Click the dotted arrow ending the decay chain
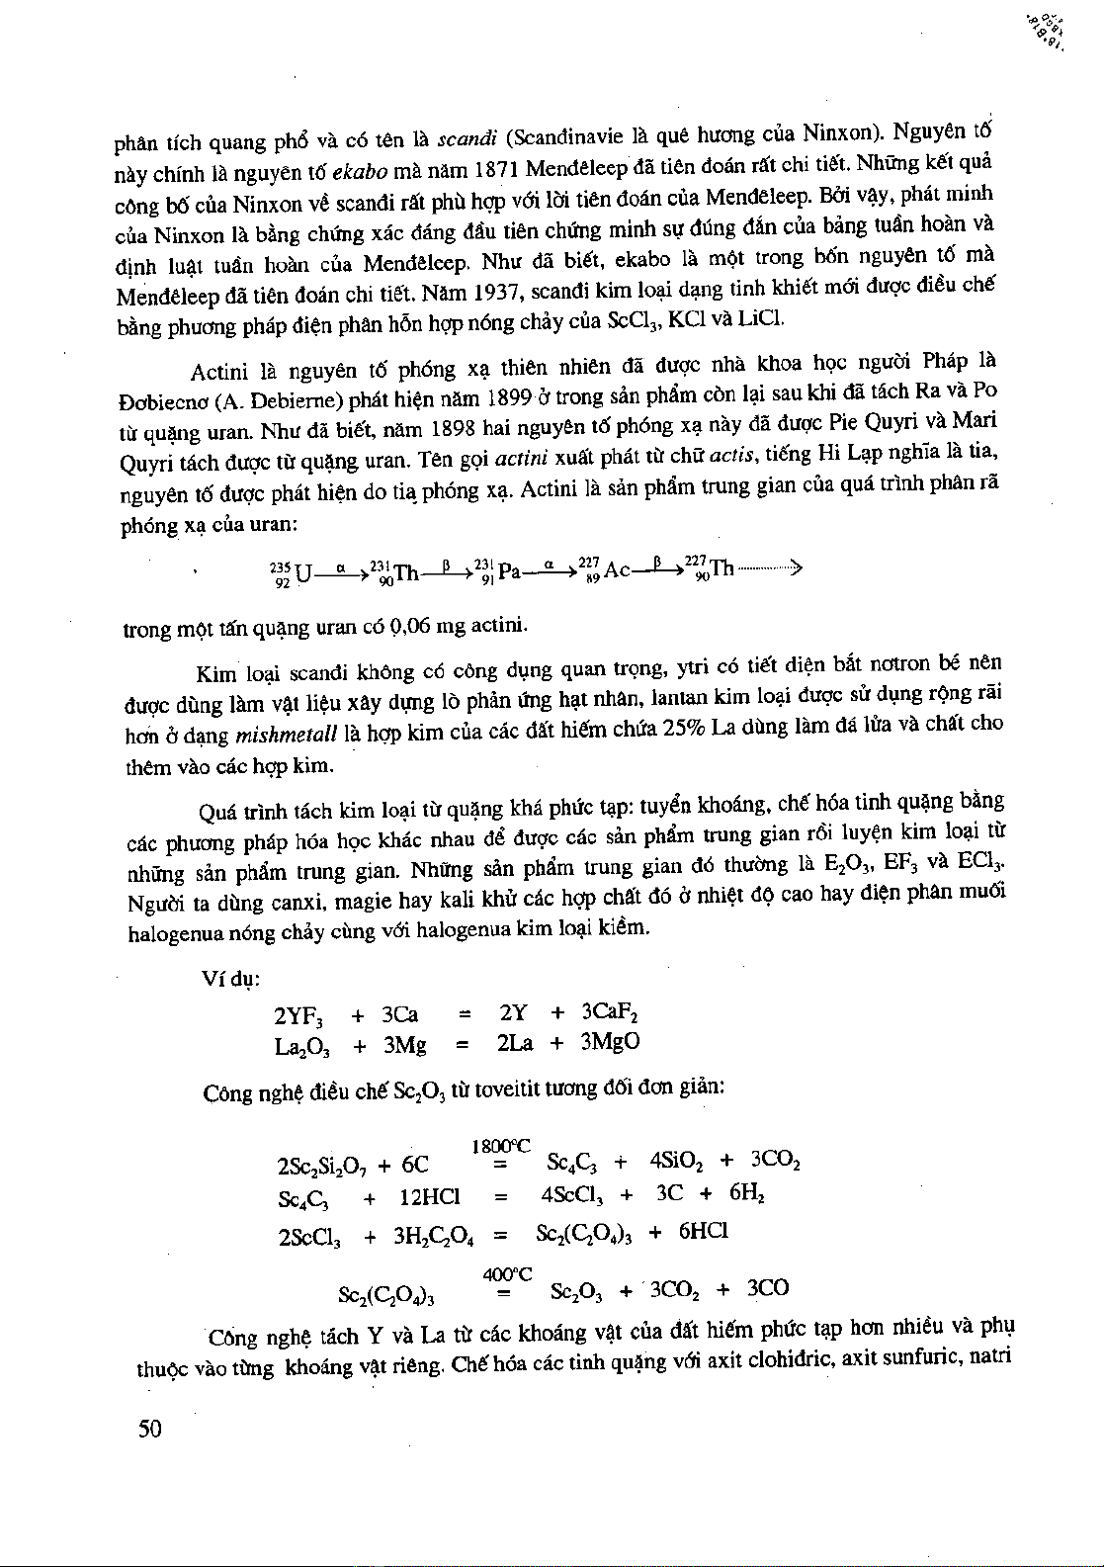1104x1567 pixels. pos(771,568)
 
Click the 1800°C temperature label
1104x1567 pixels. pos(501,1146)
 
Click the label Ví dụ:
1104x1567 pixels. pos(230,978)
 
